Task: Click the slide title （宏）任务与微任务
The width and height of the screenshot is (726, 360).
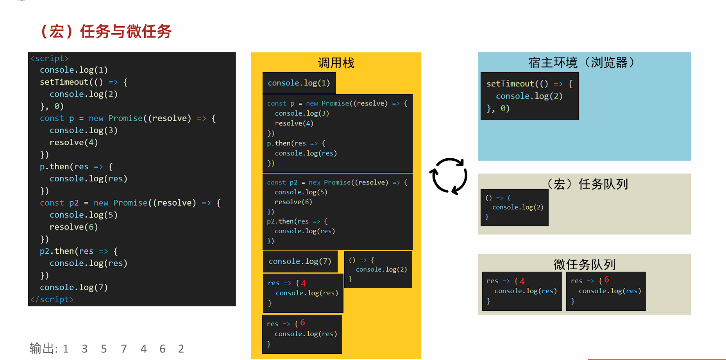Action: coord(106,32)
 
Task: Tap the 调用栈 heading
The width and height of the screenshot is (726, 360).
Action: coord(336,63)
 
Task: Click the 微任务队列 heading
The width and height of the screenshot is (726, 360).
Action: coord(584,265)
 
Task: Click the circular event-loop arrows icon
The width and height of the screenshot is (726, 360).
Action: coord(449,176)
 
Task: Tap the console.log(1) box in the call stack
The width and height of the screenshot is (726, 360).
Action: coord(299,83)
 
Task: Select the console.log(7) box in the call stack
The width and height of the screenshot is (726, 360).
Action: coord(300,261)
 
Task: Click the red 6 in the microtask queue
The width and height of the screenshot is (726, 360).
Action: coord(606,279)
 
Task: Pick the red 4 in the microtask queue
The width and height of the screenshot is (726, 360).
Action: coord(522,281)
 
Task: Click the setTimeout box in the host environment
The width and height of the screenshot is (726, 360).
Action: coord(529,96)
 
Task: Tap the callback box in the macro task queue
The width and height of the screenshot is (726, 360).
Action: coord(514,207)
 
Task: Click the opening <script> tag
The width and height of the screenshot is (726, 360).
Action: coord(50,58)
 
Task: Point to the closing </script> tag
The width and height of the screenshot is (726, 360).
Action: coord(52,299)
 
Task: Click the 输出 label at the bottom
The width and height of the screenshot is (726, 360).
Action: coord(43,348)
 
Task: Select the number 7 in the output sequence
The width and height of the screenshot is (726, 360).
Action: coord(124,349)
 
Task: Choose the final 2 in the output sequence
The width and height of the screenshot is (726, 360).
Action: coord(181,349)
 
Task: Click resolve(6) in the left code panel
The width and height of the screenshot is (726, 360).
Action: coord(73,227)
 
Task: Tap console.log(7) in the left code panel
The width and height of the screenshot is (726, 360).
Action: coord(74,287)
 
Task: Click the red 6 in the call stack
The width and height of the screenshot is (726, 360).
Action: coord(302,322)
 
